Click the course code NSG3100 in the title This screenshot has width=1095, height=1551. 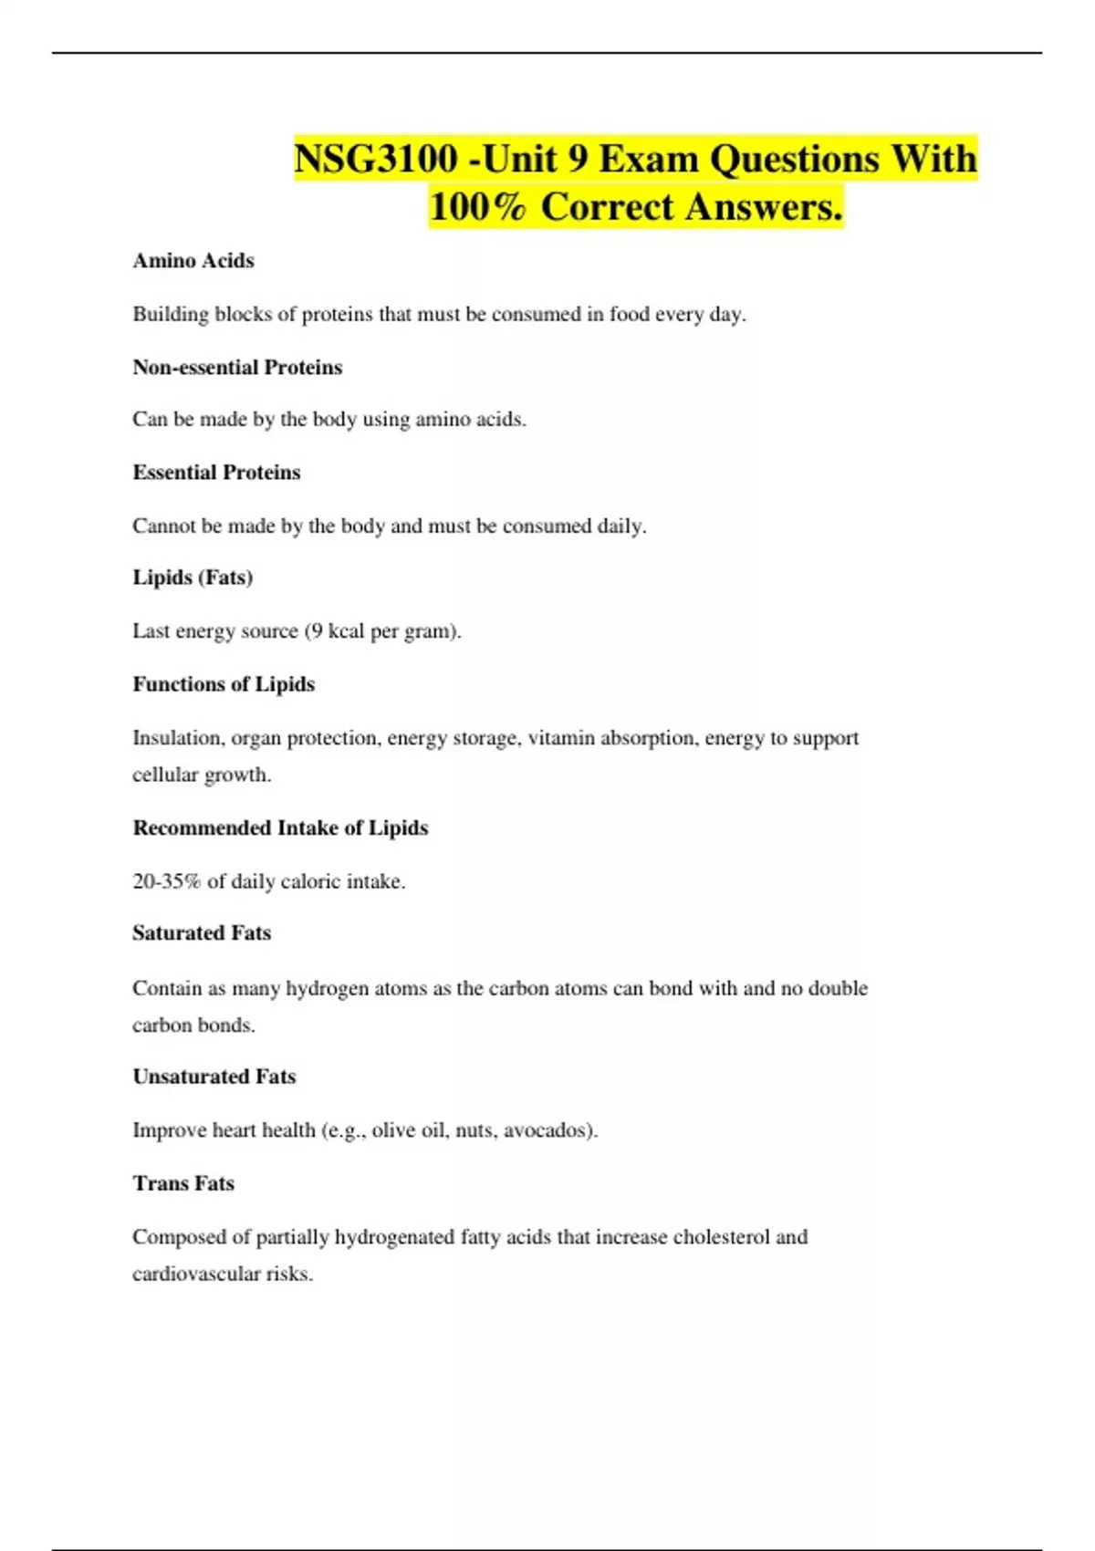tap(375, 160)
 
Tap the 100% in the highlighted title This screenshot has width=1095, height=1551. tap(477, 207)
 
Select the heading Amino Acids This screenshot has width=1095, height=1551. tap(193, 261)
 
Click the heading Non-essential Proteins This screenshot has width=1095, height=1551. tap(237, 368)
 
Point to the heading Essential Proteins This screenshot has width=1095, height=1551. tap(216, 473)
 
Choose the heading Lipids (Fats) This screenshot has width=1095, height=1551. tap(193, 578)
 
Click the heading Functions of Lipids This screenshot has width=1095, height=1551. tap(224, 684)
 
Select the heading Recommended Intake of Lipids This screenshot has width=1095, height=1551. tap(280, 828)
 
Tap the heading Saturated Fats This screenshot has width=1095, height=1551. tap(202, 933)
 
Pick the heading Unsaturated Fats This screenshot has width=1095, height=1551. tap(214, 1077)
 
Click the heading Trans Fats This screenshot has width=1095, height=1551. tap(183, 1183)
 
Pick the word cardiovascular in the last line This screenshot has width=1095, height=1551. tap(196, 1274)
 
